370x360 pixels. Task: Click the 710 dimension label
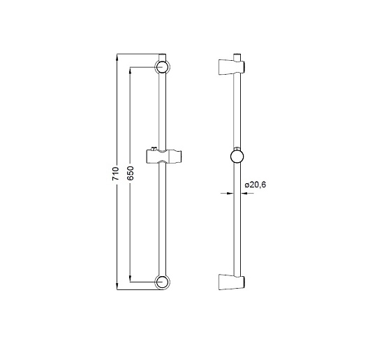click(x=115, y=173)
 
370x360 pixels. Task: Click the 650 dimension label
click(x=130, y=173)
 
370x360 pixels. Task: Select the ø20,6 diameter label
click(x=256, y=185)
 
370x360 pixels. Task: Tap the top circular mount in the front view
click(x=163, y=67)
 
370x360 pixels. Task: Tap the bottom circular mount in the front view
click(x=163, y=282)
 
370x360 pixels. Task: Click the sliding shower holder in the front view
click(x=164, y=157)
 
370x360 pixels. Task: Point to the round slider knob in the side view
click(x=237, y=157)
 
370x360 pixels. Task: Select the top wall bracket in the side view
click(x=232, y=67)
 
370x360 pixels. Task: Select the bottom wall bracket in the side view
click(x=232, y=282)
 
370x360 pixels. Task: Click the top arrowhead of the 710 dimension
click(x=117, y=57)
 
